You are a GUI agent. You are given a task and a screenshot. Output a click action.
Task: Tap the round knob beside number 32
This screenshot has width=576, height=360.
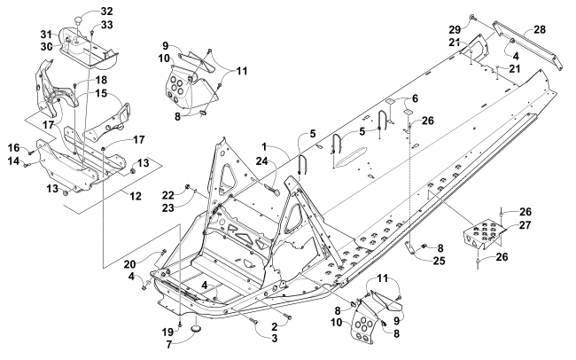coord(77,20)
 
